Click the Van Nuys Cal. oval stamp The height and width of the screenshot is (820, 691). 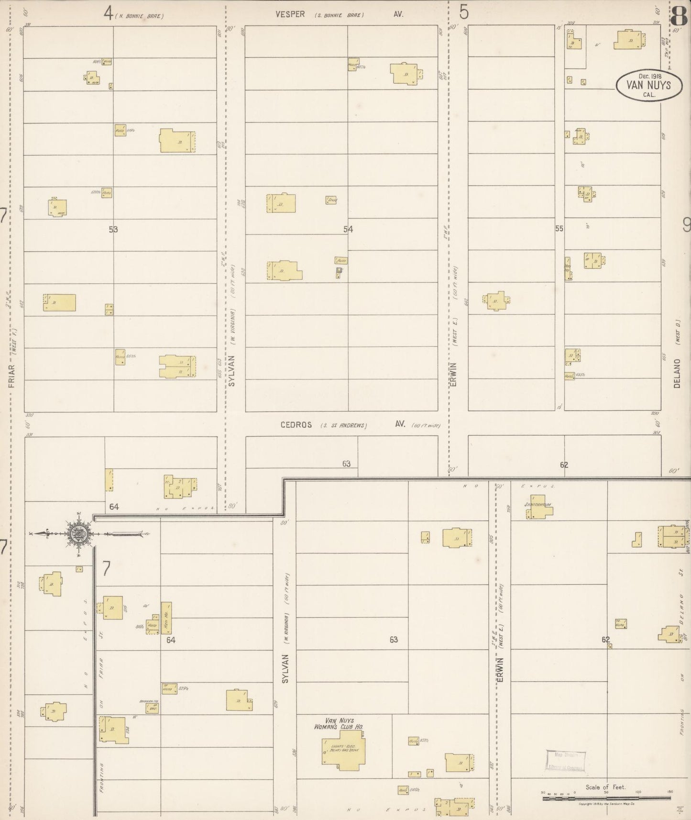pos(648,86)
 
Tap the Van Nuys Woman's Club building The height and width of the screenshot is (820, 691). pos(343,749)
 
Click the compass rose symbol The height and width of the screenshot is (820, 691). pos(78,534)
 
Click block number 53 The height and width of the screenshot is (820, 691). pos(113,229)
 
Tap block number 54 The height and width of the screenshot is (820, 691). pos(348,229)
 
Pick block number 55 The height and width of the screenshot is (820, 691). pos(559,229)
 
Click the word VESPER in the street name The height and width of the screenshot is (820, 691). pos(290,14)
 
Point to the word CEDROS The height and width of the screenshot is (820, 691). pos(296,425)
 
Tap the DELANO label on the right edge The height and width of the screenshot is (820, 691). pos(677,373)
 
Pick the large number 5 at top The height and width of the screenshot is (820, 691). pos(463,12)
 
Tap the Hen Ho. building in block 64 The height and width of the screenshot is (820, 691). pos(166,618)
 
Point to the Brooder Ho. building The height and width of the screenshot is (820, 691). pos(152,708)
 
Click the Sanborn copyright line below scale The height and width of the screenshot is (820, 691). pos(606,804)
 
